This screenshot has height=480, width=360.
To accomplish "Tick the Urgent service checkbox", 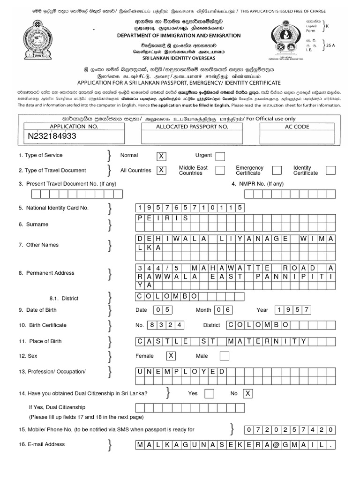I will [x=220, y=156].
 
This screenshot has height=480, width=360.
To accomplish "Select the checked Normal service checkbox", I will [x=161, y=156].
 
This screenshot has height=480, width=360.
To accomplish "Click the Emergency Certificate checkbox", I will [x=277, y=170].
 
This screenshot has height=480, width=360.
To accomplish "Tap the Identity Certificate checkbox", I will [x=330, y=170].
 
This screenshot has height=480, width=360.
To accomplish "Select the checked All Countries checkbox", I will [x=161, y=170].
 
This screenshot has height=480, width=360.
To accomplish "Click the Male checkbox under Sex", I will [x=224, y=356].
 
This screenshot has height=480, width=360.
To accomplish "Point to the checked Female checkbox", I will [x=172, y=356].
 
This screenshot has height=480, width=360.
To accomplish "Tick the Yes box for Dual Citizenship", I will [x=210, y=393].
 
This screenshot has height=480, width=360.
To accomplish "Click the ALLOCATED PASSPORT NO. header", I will [x=192, y=127].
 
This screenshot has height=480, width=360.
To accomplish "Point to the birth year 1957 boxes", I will [x=293, y=310].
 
